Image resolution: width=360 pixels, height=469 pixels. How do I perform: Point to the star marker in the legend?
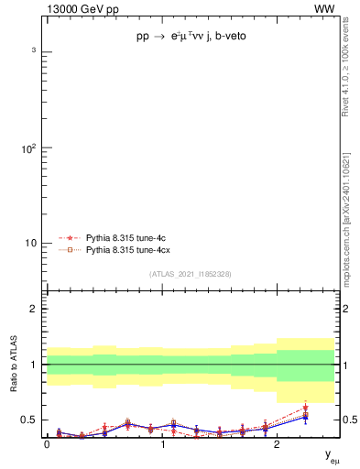tap(68, 236)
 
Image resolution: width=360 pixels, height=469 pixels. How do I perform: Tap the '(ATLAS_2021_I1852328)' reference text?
tap(190, 274)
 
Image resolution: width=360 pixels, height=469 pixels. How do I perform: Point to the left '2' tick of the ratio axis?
tap(36, 310)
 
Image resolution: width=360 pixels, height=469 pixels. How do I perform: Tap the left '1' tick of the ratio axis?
tap(36, 365)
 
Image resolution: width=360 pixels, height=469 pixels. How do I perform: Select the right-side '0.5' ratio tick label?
tap(348, 420)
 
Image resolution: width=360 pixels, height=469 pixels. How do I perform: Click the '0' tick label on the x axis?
tap(47, 445)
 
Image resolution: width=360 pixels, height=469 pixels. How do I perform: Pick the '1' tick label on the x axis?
tap(162, 445)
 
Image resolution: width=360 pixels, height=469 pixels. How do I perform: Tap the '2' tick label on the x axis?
tap(277, 445)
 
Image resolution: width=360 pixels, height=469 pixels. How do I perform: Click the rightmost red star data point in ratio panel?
tap(305, 408)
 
